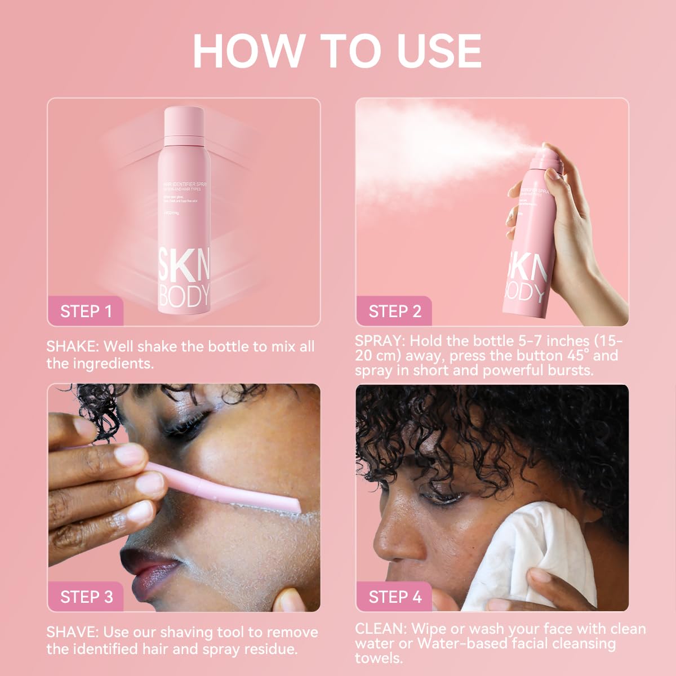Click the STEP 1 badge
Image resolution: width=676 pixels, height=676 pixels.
pos(86,311)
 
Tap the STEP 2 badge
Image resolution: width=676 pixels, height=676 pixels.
pos(394,311)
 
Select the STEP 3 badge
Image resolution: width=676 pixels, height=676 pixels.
pos(86,597)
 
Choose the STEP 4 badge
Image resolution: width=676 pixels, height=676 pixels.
pos(394,597)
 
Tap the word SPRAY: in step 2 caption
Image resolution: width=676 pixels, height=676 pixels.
pos(380,341)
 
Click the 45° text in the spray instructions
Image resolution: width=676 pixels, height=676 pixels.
pos(574,355)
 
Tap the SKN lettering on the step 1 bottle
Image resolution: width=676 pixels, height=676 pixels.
pos(184,265)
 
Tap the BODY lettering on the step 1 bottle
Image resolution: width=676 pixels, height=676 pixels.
pos(184,296)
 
